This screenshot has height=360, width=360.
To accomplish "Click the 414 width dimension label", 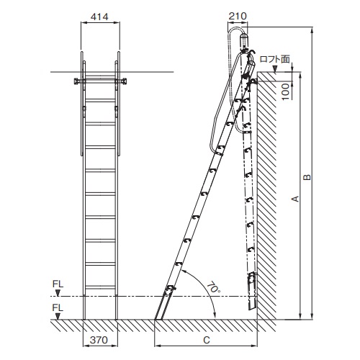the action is click(x=99, y=17).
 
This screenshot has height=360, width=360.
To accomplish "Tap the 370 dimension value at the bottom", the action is click(x=99, y=340).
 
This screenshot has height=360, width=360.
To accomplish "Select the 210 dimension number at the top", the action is click(x=238, y=16).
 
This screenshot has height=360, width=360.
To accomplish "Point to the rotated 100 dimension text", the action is click(x=286, y=92).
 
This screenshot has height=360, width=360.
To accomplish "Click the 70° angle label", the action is click(x=213, y=287).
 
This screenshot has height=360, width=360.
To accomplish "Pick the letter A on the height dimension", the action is click(x=295, y=199).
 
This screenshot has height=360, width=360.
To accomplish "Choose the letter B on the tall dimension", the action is click(x=307, y=177).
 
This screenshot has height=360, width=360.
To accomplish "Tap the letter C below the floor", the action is click(x=207, y=340).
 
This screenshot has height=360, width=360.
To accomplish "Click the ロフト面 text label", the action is click(x=275, y=59).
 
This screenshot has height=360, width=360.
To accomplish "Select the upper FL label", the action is click(x=58, y=284).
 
